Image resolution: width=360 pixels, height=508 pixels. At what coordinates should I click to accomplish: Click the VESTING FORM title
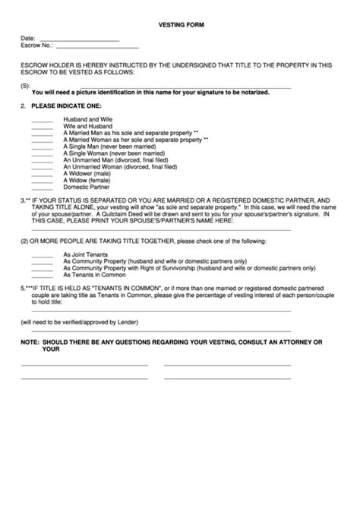pos(180,25)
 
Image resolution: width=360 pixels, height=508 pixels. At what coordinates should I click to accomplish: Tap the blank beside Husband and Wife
pos(42,120)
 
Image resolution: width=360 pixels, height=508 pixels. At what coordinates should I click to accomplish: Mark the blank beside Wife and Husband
pos(42,127)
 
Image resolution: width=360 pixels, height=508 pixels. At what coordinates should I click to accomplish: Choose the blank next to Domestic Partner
pos(42,186)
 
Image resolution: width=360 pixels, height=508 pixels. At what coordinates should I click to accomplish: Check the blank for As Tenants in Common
pos(42,274)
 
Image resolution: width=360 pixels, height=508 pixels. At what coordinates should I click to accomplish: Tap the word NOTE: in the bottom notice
pos(30,342)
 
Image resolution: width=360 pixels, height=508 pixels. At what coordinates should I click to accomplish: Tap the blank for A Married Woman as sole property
pos(42,140)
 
